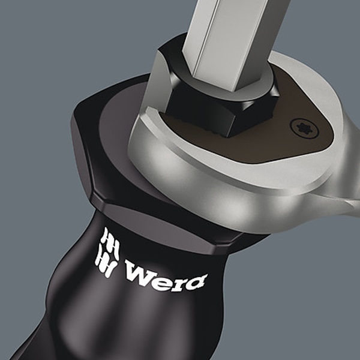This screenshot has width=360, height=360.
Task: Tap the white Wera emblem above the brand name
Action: pyautogui.click(x=107, y=252)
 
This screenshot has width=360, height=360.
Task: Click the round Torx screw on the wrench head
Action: pyautogui.click(x=304, y=128)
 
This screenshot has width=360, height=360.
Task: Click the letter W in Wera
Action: pyautogui.click(x=140, y=272)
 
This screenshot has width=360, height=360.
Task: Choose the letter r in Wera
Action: pyautogui.click(x=179, y=282)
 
